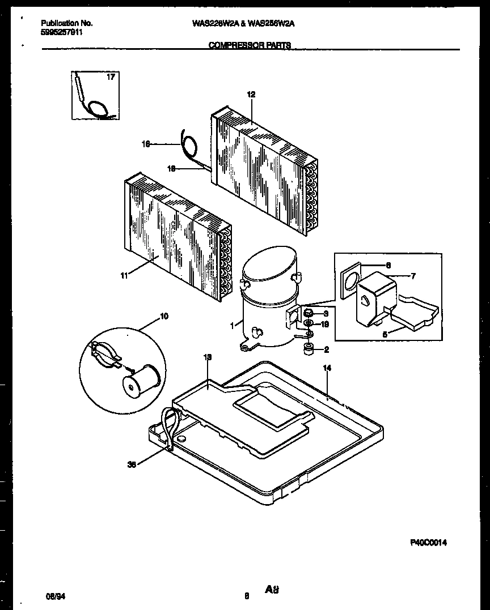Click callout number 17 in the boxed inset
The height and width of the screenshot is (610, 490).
point(111,77)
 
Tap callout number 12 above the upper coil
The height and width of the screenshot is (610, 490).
point(251,95)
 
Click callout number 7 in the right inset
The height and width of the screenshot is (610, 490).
point(413,276)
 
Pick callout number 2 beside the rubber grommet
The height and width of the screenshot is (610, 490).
point(326,349)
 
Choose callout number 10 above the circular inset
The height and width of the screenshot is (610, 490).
point(164,316)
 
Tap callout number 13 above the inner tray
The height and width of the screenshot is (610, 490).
point(208,357)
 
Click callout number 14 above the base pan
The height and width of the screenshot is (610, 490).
point(326,368)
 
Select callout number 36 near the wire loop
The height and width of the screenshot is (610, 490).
point(132,465)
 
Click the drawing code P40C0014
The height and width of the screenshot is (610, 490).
point(428,543)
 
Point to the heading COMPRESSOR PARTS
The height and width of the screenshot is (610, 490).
point(250,45)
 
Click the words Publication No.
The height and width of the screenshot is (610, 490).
point(67,23)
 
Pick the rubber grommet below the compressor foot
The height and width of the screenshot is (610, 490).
point(310,350)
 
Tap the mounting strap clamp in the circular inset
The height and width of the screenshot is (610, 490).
point(106,353)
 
